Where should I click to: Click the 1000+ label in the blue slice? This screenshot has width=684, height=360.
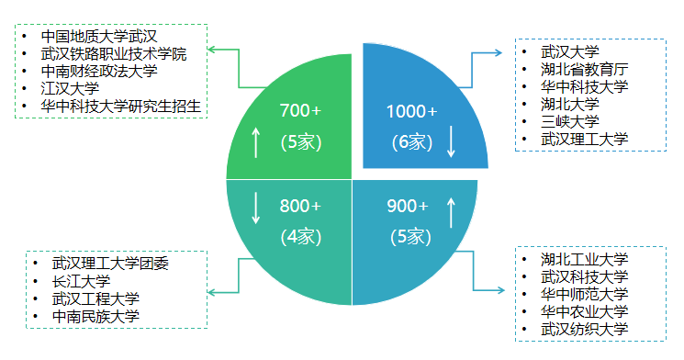click(x=411, y=111)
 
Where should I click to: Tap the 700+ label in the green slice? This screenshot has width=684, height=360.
click(x=300, y=111)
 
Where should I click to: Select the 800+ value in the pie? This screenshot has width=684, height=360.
click(x=300, y=206)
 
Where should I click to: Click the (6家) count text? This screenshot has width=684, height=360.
click(x=410, y=142)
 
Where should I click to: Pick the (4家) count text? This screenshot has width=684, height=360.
click(x=300, y=237)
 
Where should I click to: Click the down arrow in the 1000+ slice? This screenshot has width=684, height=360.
click(x=451, y=141)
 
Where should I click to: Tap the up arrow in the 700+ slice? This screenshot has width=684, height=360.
click(x=256, y=141)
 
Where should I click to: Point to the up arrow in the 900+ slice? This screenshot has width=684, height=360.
click(x=451, y=211)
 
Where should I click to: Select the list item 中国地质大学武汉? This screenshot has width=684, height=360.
click(x=100, y=37)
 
